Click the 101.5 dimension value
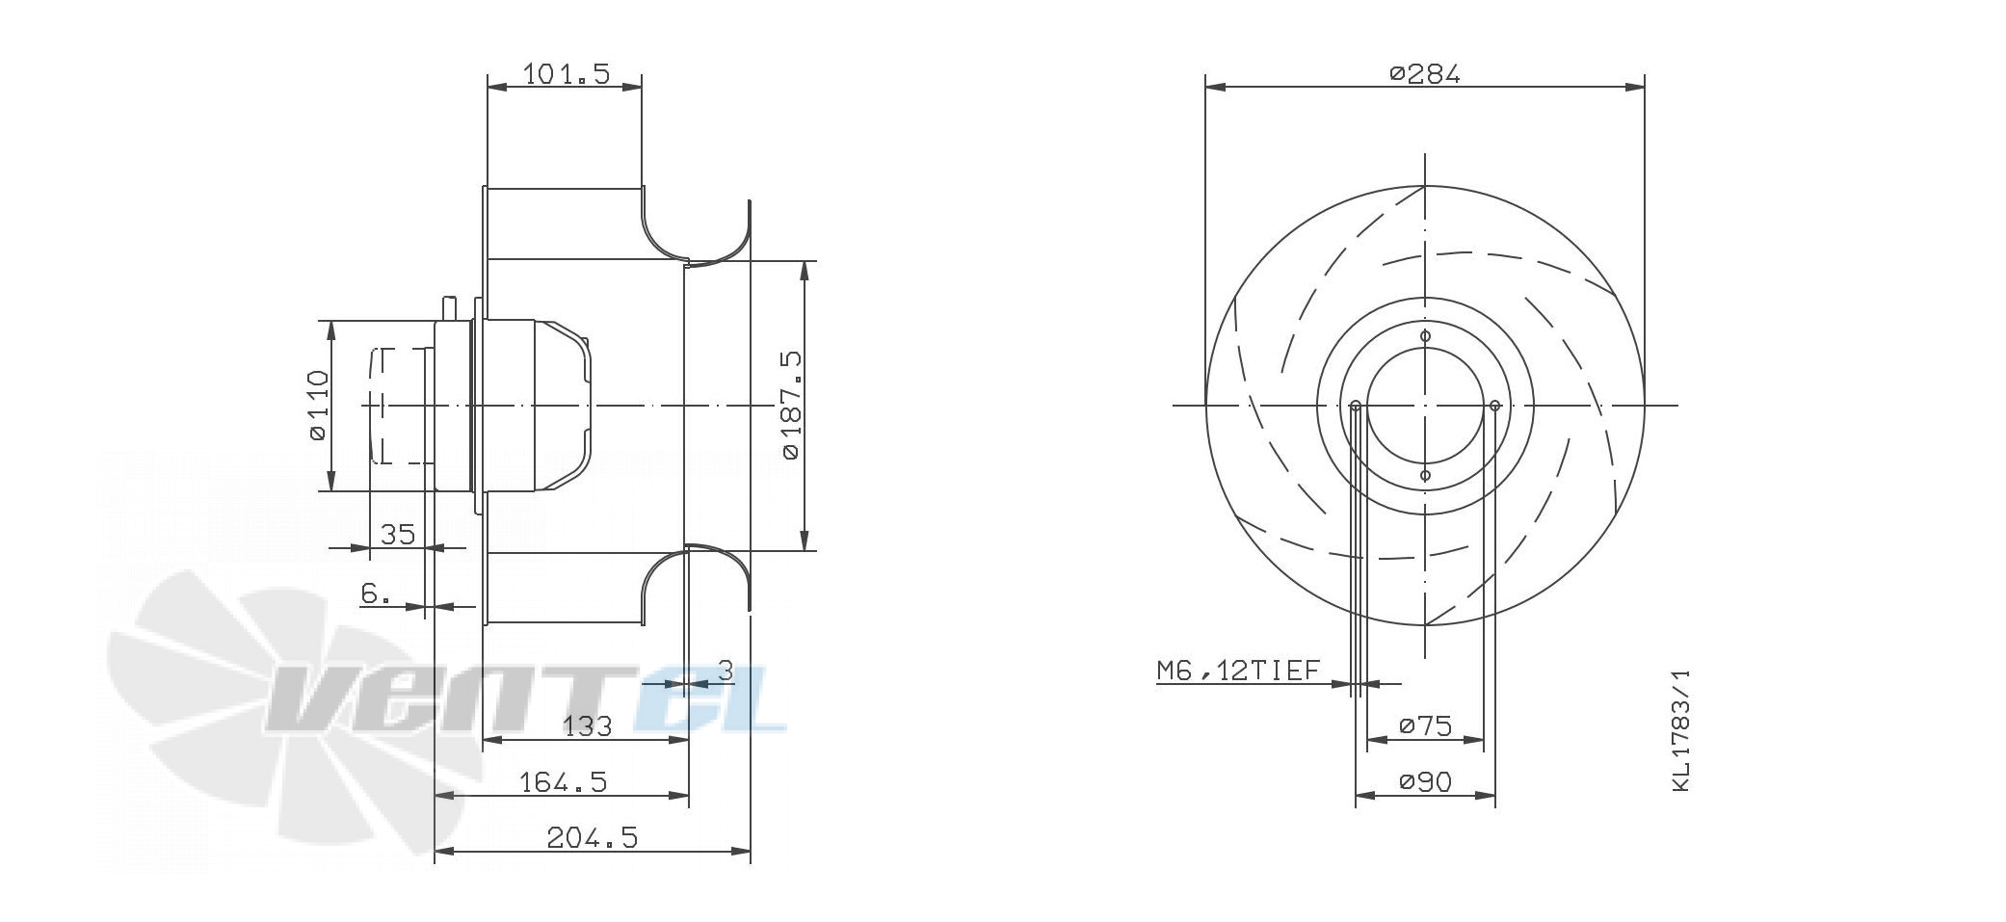567,73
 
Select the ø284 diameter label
1425,73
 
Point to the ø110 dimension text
318,406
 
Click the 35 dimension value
397,533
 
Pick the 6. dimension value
376,593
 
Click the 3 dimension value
726,670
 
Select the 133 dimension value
587,725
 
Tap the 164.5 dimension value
564,781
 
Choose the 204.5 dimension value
593,837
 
